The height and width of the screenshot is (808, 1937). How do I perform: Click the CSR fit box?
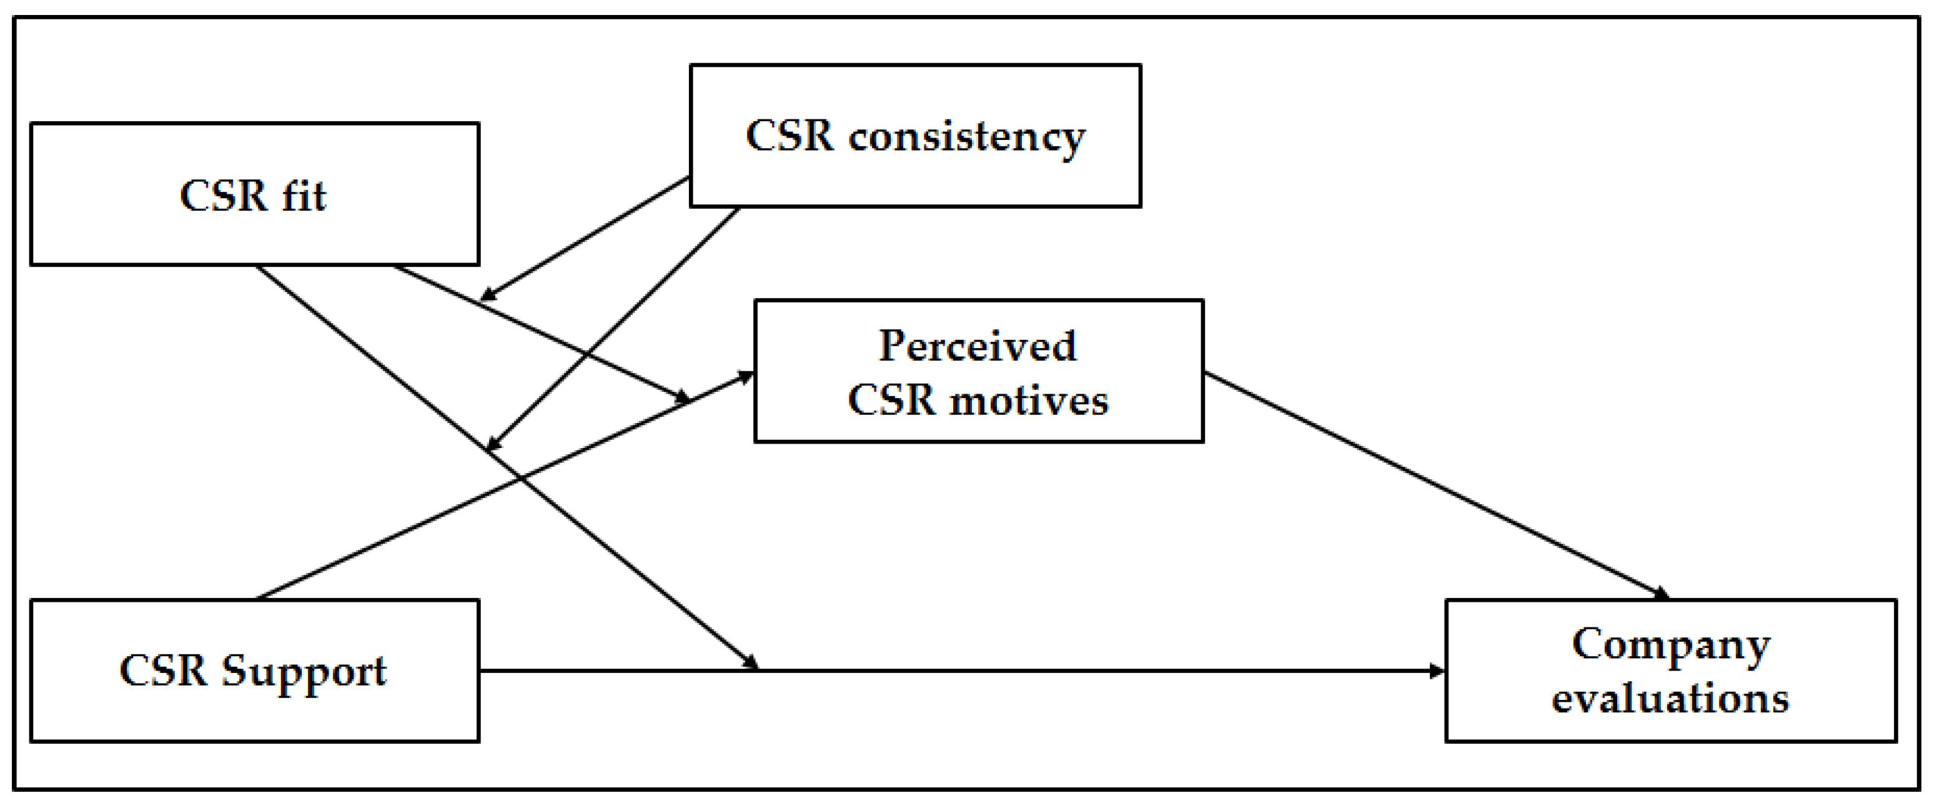tap(254, 194)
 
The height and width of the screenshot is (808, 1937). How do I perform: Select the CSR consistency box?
tap(915, 136)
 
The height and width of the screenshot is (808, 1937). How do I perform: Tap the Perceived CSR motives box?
tap(978, 371)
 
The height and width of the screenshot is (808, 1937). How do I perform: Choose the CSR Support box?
tap(254, 671)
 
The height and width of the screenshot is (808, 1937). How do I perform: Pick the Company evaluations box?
tap(1671, 671)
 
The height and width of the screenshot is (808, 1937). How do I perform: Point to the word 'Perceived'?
tap(978, 347)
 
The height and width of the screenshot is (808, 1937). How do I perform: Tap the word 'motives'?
tap(1029, 400)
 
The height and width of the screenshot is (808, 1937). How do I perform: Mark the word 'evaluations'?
tap(1670, 698)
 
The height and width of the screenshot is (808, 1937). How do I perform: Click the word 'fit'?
tap(304, 196)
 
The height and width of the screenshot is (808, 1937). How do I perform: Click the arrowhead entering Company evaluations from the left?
tap(1437, 671)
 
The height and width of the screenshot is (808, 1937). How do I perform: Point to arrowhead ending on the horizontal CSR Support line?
tap(751, 663)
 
